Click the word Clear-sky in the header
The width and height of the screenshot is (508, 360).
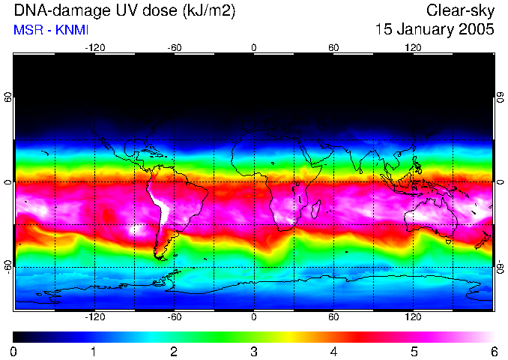coord(461,10)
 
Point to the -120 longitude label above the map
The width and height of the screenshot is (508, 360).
coord(94,47)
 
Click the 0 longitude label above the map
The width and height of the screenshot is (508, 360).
coord(254,47)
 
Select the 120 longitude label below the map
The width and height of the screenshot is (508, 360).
coord(414,317)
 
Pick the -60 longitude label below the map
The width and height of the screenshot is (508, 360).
coord(174,317)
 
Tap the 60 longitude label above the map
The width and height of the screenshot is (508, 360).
coord(333,47)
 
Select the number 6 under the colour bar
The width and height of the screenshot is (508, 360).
coord(494,351)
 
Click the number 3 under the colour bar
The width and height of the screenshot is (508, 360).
coord(254,351)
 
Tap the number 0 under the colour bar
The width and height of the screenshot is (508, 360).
coord(14,351)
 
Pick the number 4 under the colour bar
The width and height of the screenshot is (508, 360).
coord(333,351)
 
